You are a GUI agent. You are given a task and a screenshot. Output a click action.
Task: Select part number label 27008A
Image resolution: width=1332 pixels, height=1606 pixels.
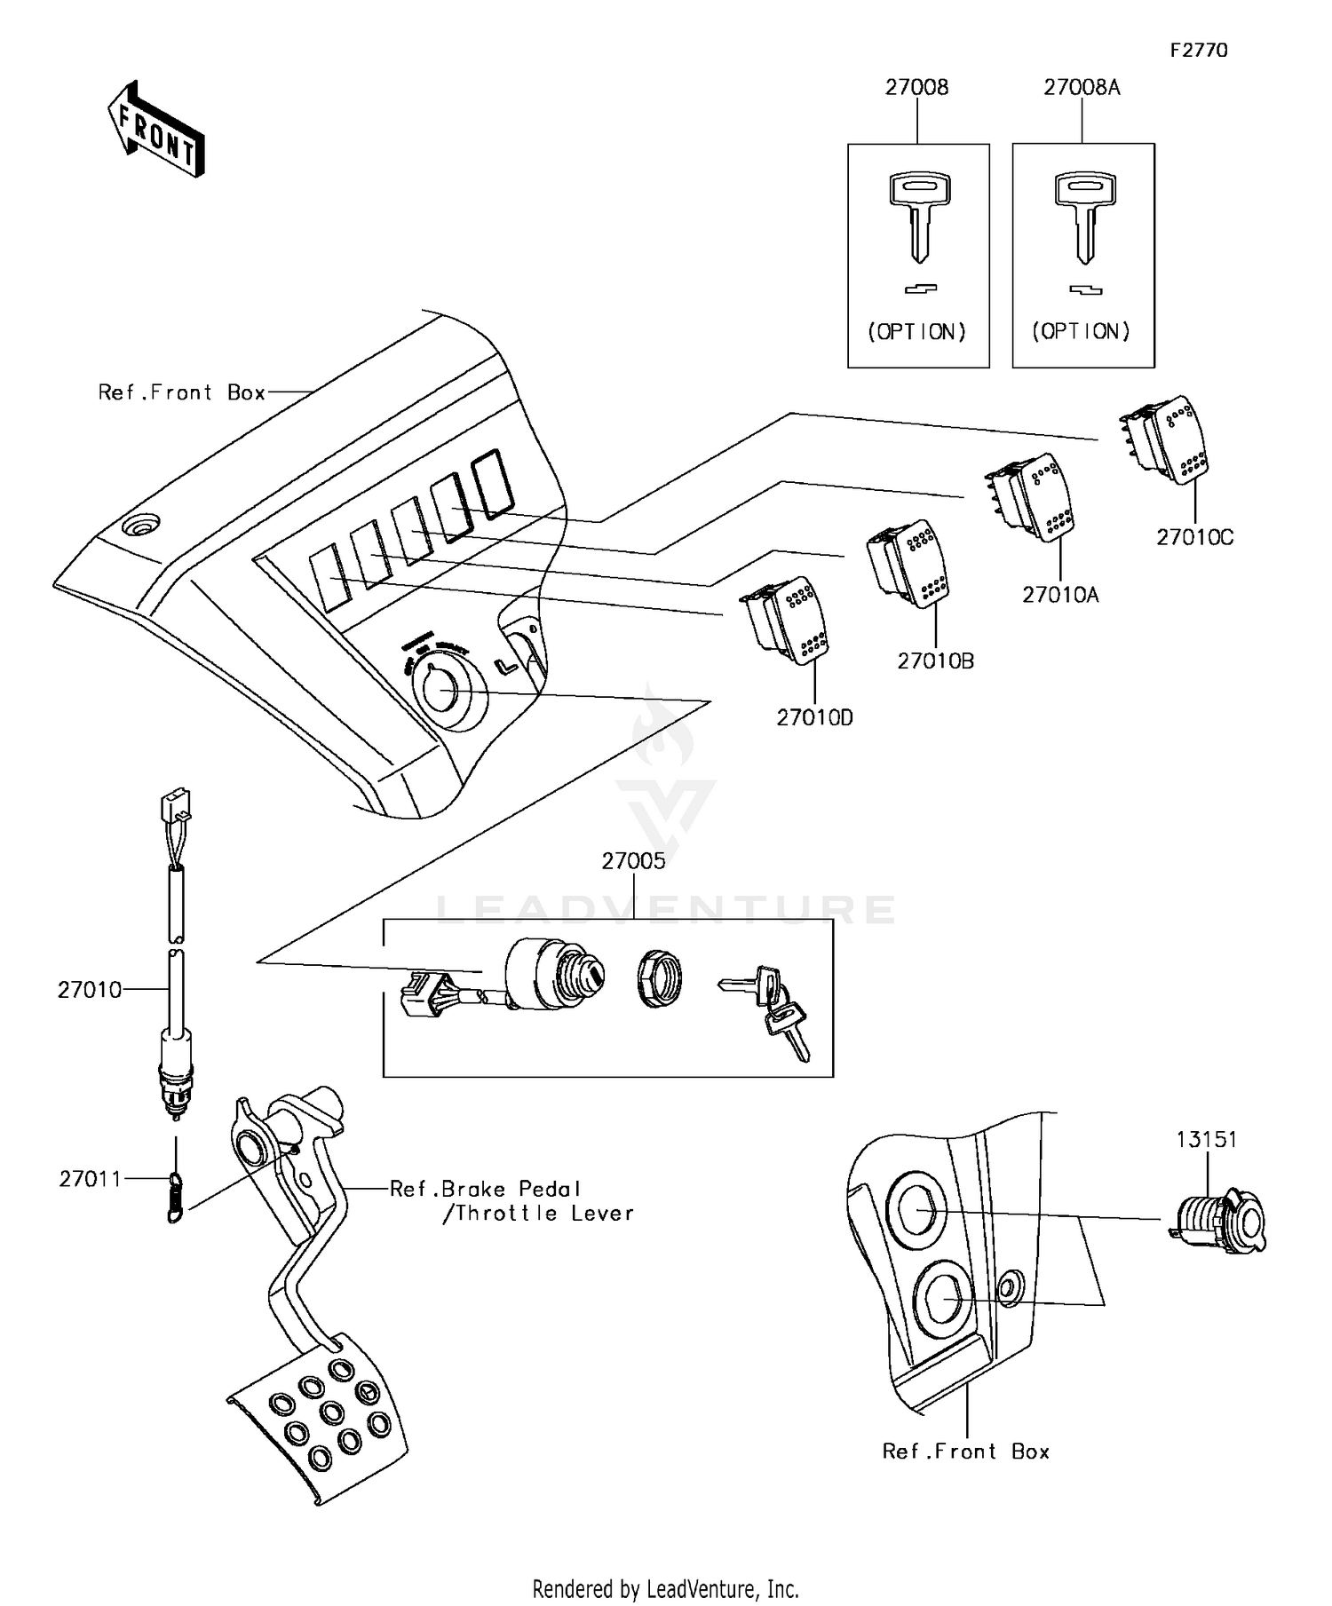pyautogui.click(x=1081, y=87)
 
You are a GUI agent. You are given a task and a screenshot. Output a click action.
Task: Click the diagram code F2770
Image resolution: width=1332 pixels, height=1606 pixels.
pyautogui.click(x=1198, y=51)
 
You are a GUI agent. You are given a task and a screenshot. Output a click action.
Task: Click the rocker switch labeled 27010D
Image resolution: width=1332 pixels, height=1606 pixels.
pyautogui.click(x=787, y=621)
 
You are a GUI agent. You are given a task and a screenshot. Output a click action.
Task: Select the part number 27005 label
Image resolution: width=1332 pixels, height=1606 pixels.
pyautogui.click(x=633, y=861)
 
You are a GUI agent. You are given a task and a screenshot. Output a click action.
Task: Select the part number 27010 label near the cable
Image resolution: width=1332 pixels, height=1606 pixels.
pyautogui.click(x=90, y=990)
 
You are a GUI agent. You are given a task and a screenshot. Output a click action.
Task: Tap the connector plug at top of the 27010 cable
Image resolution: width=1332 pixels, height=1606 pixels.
pyautogui.click(x=176, y=804)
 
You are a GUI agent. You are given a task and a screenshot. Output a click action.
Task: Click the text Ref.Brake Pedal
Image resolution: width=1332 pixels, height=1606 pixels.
pyautogui.click(x=485, y=1189)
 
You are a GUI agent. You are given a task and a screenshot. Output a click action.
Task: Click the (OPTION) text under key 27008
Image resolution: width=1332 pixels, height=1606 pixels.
pyautogui.click(x=916, y=332)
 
